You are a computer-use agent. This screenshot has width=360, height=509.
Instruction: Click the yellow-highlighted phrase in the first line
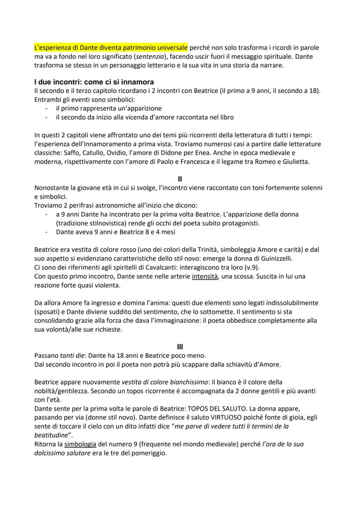point(111,47)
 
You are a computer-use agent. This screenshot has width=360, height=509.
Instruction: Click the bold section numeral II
point(180,178)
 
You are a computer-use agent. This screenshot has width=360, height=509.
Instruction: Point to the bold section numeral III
point(180,346)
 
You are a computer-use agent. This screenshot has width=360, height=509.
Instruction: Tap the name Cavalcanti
point(153,267)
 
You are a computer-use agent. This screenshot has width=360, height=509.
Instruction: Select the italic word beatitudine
point(52,435)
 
